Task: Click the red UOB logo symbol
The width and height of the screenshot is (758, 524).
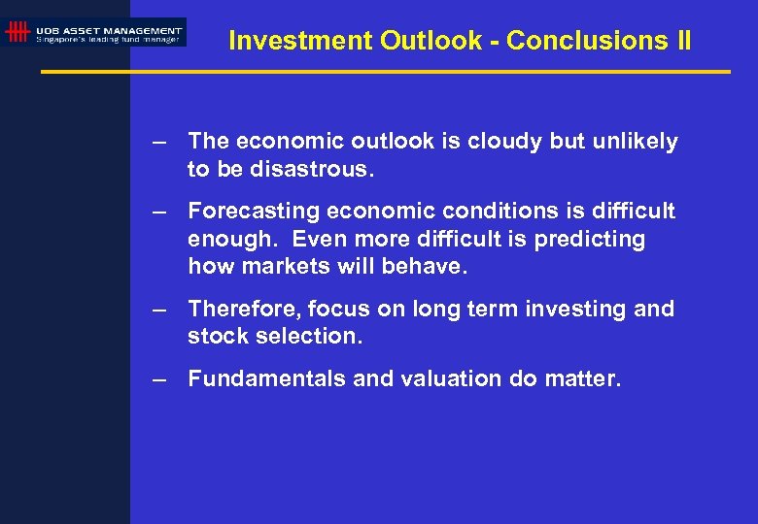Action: pyautogui.click(x=17, y=32)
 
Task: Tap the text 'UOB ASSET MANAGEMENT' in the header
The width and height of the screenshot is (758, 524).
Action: pyautogui.click(x=109, y=30)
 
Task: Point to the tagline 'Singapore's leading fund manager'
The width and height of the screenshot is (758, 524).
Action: pyautogui.click(x=108, y=40)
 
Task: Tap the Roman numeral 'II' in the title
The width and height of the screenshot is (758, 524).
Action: pyautogui.click(x=681, y=41)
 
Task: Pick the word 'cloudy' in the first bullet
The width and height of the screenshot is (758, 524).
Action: pyautogui.click(x=506, y=142)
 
